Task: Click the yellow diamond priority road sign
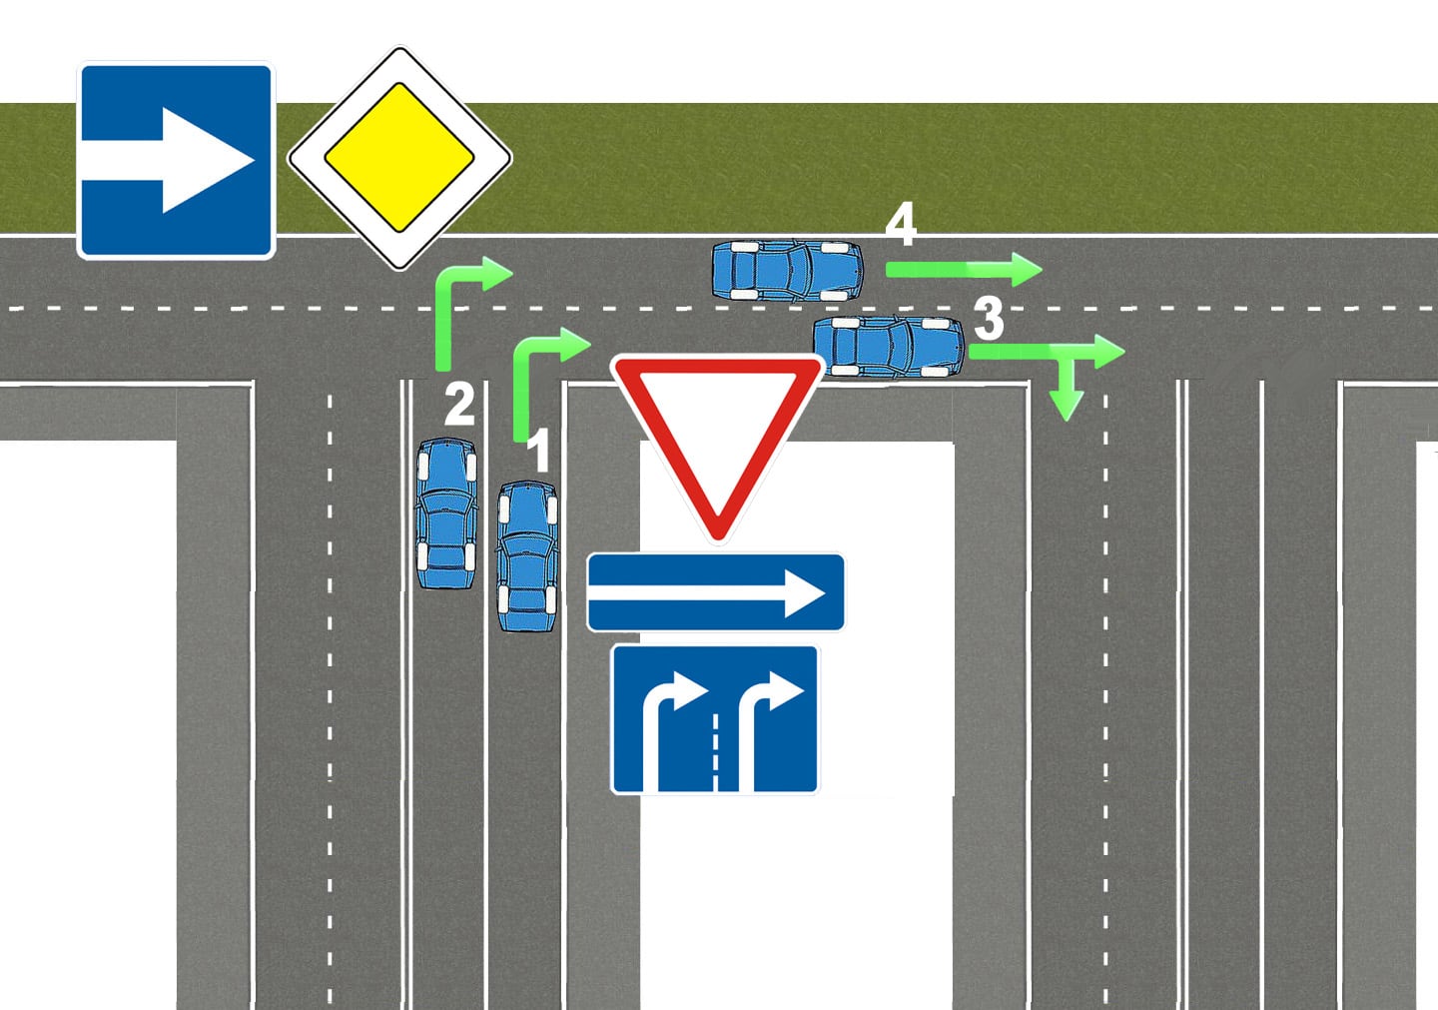pos(399,158)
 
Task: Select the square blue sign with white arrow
pos(176,160)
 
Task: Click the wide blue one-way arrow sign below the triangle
pos(715,592)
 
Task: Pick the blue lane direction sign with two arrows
pos(715,720)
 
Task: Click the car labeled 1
pos(526,556)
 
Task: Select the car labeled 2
pos(445,513)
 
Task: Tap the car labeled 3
pos(888,347)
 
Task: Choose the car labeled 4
pos(787,270)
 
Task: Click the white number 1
pos(538,452)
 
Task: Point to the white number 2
pos(459,405)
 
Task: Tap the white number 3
pos(988,319)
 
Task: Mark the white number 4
pos(901,226)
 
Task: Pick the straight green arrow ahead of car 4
pos(963,269)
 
